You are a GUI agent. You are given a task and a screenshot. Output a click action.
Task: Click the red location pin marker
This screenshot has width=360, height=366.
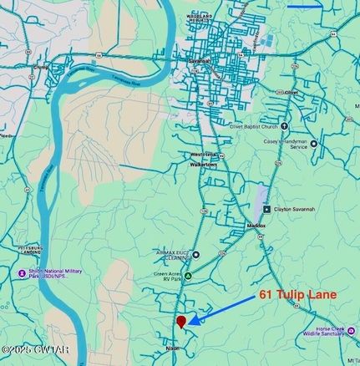[180, 321]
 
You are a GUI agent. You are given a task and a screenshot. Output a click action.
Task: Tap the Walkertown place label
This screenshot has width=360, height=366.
[203, 165]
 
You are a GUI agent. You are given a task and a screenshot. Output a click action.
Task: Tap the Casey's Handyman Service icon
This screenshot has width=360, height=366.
[314, 143]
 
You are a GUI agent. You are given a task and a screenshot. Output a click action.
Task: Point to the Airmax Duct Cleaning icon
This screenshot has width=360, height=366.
[196, 254]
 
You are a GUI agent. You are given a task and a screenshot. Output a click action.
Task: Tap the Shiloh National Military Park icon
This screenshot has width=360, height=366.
[22, 273]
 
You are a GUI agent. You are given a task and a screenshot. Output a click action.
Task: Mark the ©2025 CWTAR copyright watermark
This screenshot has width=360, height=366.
[35, 349]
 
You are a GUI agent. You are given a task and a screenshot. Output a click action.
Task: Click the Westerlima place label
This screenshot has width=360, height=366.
[202, 155]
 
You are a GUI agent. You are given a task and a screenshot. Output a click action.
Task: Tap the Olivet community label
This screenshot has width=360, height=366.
[291, 92]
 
